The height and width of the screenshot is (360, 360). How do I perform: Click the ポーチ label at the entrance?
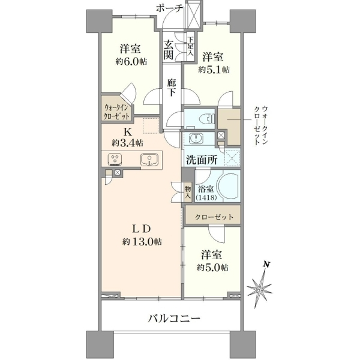click(x=169, y=8)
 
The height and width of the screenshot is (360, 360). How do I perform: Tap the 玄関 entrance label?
click(x=169, y=50)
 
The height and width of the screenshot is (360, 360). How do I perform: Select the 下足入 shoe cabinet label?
click(x=190, y=47)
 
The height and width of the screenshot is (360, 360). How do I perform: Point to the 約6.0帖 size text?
click(x=131, y=62)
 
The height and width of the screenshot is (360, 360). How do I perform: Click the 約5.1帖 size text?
click(x=214, y=70)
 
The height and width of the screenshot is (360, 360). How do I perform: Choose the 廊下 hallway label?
click(x=172, y=87)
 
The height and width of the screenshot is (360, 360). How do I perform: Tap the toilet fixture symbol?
click(x=206, y=119)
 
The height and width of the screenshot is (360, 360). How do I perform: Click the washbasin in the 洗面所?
click(x=196, y=139)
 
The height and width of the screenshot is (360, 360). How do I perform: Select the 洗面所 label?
click(x=202, y=160)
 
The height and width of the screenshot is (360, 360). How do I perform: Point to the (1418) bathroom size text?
click(x=206, y=197)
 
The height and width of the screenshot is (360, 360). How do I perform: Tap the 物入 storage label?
click(x=188, y=193)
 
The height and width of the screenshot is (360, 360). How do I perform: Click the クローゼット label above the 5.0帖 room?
click(x=214, y=217)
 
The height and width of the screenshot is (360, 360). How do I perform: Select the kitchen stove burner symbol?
click(x=115, y=160)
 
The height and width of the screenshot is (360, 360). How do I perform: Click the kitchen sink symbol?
click(x=149, y=160)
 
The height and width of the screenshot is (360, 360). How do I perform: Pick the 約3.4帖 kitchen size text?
click(x=128, y=143)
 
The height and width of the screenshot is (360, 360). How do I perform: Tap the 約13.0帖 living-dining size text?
click(x=142, y=242)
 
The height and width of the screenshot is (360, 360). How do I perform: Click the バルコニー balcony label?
click(x=174, y=319)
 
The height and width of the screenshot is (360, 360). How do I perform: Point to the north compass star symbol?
click(x=260, y=288)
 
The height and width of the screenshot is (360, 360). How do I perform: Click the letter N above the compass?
click(x=266, y=264)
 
